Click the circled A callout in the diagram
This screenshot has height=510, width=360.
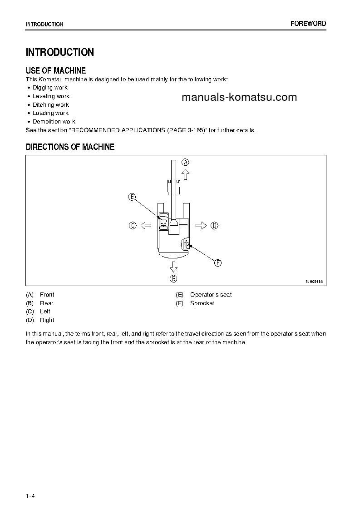point(185,162)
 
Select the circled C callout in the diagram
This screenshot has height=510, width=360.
point(133,225)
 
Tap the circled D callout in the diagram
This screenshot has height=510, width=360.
point(214,225)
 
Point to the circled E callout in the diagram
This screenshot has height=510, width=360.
point(132,197)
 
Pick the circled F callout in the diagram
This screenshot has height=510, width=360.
point(217,263)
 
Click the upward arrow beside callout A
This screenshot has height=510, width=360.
point(185,174)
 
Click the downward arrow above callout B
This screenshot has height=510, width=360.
point(173,266)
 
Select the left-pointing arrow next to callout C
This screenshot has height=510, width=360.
point(146,225)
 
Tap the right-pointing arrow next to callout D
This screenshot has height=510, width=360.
point(201,225)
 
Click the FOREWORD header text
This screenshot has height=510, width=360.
point(308,24)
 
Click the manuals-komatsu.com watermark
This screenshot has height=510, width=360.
point(239,97)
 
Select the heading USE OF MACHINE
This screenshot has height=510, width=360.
point(56,70)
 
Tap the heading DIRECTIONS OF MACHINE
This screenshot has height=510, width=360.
point(70,147)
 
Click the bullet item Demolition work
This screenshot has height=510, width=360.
point(54,122)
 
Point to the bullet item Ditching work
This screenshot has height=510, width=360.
point(50,105)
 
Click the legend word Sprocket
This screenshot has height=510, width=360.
point(202,303)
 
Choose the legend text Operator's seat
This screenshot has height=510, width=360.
point(211,295)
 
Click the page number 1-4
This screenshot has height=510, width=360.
point(30,495)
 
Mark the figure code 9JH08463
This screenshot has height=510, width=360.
point(314,282)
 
